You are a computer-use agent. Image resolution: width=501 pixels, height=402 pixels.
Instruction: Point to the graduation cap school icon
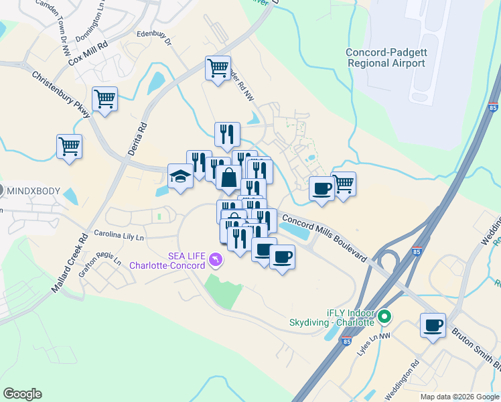click(x=180, y=176)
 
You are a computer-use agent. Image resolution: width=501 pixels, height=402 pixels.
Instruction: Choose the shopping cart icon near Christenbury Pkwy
click(x=105, y=99)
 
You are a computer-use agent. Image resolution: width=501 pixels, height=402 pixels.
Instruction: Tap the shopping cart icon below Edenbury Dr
click(x=218, y=68)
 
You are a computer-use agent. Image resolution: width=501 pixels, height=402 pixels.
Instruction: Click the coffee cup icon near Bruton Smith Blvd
click(x=433, y=326)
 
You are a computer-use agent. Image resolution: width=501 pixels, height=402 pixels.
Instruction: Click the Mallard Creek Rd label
click(x=69, y=262)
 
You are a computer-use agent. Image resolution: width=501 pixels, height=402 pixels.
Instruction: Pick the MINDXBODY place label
click(x=33, y=191)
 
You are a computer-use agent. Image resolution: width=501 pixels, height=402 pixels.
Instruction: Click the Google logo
click(x=22, y=393)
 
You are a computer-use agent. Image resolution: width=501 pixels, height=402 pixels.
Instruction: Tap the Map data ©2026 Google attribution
click(x=459, y=397)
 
